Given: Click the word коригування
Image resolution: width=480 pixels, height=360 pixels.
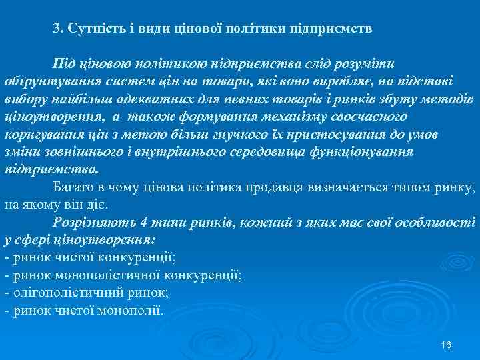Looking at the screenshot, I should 39,134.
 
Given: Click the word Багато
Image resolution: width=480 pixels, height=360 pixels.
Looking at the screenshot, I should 75,186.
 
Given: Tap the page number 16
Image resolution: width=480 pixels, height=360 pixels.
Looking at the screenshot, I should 446,344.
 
